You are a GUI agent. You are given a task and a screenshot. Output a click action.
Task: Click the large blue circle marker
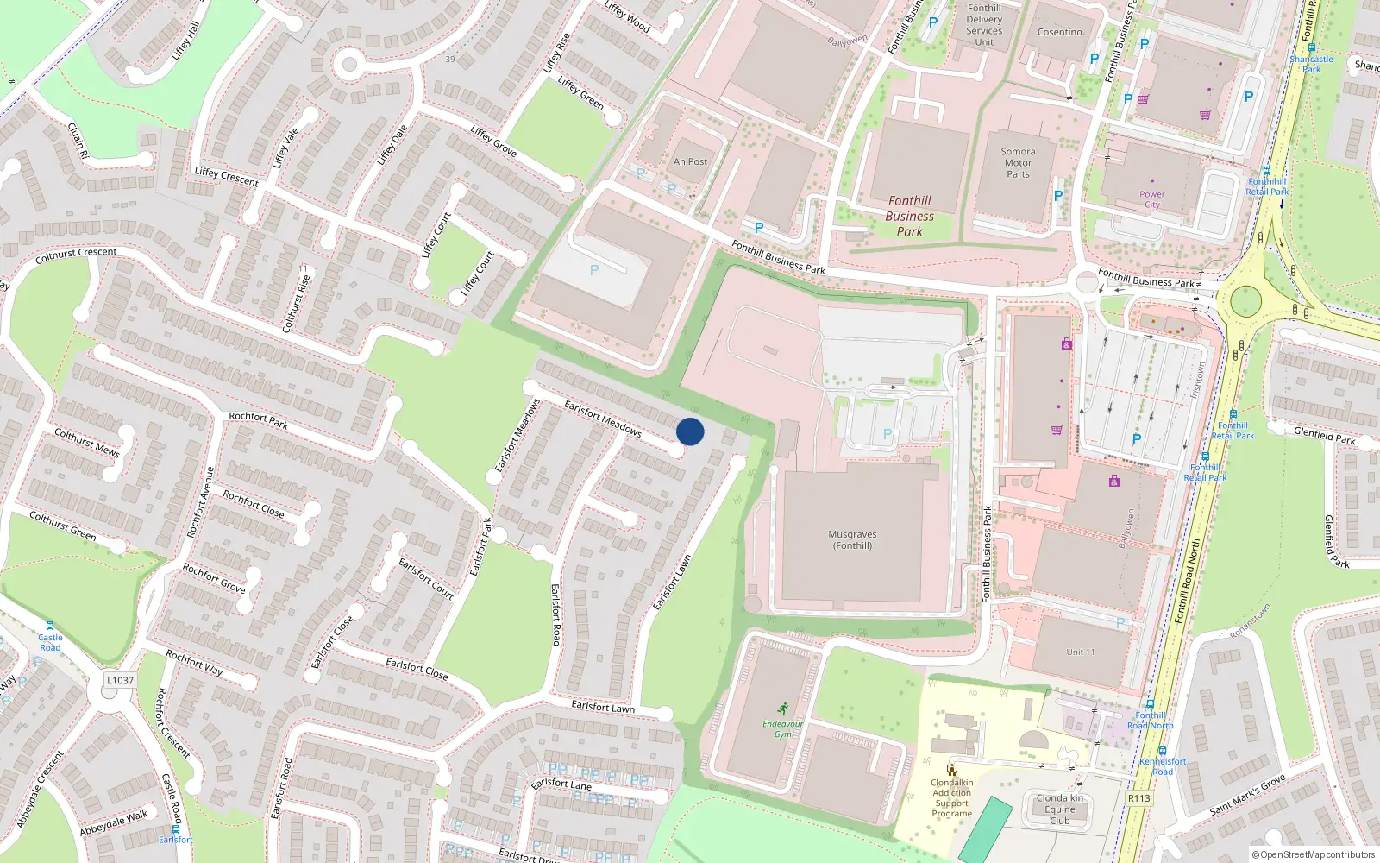690,431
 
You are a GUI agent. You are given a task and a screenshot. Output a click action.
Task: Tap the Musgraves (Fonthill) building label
852,540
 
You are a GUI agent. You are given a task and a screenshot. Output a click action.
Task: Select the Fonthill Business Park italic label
910,216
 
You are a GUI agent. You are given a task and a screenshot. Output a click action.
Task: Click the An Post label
690,161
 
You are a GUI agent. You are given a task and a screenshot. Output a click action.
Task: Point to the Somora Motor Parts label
1018,162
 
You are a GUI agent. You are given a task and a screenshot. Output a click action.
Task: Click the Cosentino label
1059,32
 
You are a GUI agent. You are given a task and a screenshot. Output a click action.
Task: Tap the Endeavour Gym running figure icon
783,709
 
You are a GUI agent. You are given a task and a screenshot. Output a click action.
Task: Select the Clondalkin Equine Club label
1060,809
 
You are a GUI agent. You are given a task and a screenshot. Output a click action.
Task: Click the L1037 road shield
120,680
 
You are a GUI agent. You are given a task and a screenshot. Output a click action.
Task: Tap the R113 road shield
1138,798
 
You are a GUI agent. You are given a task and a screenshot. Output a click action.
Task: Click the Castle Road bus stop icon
50,626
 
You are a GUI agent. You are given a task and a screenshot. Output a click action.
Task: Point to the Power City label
1151,199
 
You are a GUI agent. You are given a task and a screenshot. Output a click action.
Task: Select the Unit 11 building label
1080,652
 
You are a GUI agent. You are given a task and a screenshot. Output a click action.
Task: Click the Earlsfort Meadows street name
603,418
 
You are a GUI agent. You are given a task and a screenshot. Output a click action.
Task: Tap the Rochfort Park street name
258,420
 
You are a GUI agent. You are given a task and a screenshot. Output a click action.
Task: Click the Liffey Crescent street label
226,176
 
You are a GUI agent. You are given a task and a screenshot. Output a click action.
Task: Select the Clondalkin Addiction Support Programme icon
952,769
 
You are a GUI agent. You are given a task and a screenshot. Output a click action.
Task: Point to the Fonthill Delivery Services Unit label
984,25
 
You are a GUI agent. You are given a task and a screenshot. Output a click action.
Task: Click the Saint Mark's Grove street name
1247,795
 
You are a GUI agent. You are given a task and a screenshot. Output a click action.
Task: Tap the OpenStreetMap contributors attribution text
1314,854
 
